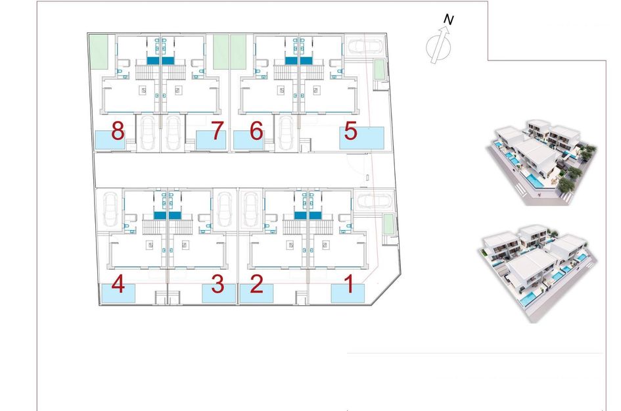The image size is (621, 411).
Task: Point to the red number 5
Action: point(351,131)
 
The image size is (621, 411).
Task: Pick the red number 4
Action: point(118,285)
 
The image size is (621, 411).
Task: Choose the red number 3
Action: point(218,285)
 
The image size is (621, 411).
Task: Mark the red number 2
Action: point(256,285)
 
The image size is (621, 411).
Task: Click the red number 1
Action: point(350,285)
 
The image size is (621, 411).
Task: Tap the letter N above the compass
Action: point(448,20)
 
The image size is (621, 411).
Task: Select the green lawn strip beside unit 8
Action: point(98,51)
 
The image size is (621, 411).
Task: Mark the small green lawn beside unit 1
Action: point(388,224)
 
